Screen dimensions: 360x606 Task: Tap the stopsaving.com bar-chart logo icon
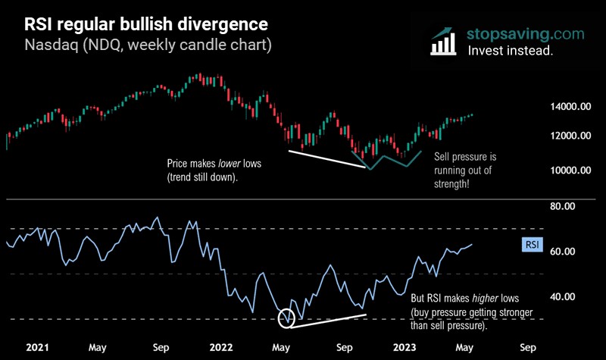pos(444,42)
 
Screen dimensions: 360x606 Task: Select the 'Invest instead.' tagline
pos(510,52)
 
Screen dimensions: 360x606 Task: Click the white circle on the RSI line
pos(286,318)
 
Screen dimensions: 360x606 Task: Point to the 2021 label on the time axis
pos(38,348)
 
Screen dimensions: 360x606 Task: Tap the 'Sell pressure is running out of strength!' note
pos(464,171)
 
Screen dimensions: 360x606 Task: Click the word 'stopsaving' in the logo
pos(505,34)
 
